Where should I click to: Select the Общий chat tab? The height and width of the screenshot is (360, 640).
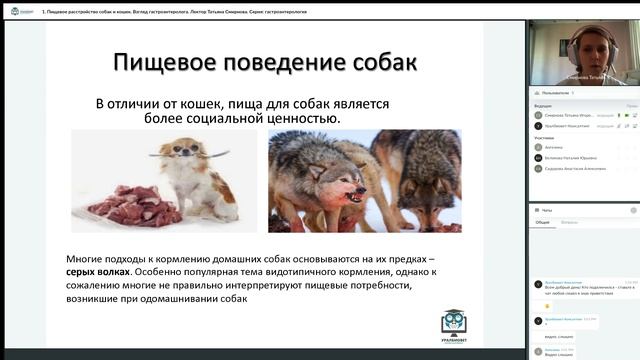pos(541,222)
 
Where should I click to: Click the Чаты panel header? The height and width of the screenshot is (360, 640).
pos(546,210)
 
